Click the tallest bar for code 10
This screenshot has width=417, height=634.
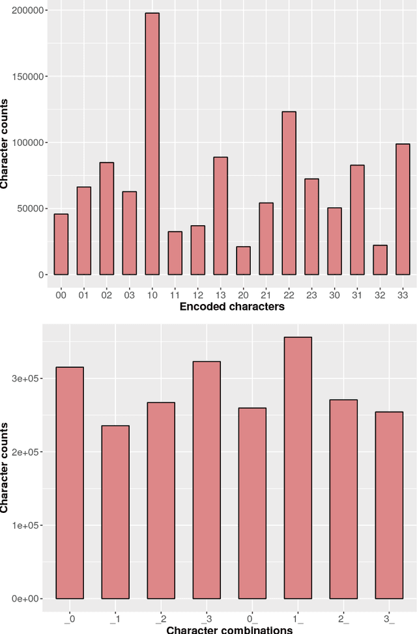tap(152, 144)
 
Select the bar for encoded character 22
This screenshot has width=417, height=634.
tap(289, 193)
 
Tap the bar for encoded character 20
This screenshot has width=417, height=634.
tap(243, 260)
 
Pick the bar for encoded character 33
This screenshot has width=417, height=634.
tap(403, 209)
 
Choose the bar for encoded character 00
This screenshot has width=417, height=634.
tap(61, 244)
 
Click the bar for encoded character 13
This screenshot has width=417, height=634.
tap(220, 215)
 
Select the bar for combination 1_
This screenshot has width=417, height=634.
tap(298, 467)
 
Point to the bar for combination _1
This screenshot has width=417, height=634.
tap(115, 512)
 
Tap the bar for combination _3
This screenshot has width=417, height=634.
tap(207, 480)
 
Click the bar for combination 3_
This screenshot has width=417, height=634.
tap(389, 504)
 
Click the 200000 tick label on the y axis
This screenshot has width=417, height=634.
tap(26, 11)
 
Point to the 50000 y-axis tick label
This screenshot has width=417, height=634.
tap(29, 208)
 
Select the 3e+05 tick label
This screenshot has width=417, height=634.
tap(28, 378)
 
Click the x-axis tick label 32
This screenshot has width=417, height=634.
tap(380, 295)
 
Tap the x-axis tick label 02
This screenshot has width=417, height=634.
tap(106, 295)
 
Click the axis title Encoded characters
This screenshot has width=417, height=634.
tap(233, 307)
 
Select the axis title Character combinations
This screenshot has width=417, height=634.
tap(229, 629)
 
